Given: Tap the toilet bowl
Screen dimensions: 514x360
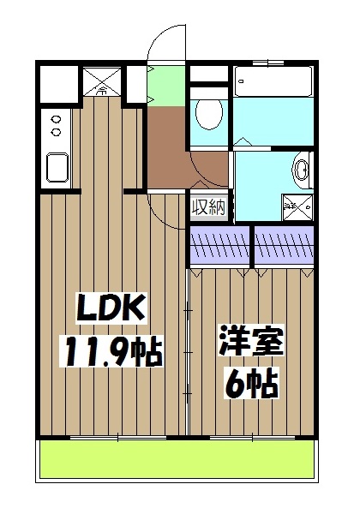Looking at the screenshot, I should click(x=208, y=112).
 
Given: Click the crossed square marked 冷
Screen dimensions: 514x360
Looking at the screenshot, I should click(x=102, y=82).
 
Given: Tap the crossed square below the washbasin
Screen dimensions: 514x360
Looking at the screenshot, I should click(x=298, y=204).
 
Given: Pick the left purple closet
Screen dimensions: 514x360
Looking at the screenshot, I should click(x=220, y=246).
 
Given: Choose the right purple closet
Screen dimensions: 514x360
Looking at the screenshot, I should click(x=285, y=246).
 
